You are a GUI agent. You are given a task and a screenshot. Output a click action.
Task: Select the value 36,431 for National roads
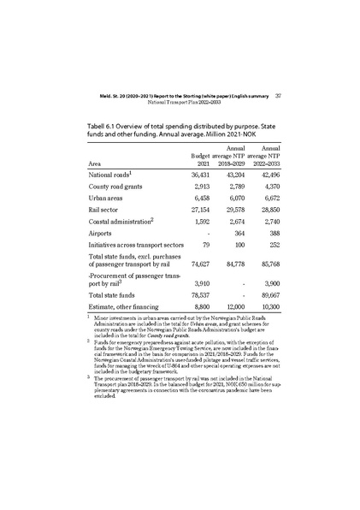pos(198,175)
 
